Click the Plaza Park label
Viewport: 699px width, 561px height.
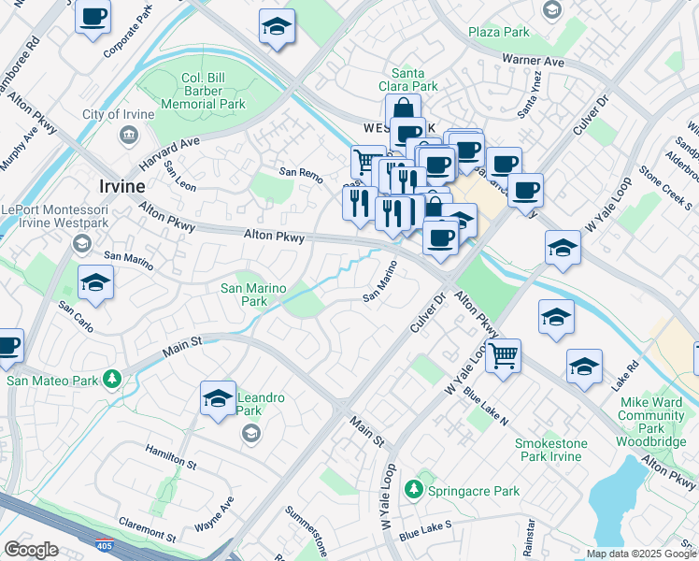click(x=499, y=32)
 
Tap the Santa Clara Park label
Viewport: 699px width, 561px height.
click(x=414, y=79)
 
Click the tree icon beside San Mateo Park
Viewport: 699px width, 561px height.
click(x=112, y=379)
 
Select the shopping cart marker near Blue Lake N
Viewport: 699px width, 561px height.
click(x=504, y=355)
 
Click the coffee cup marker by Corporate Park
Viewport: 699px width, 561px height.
click(x=93, y=17)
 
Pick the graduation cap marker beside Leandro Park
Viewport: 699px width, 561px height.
click(x=218, y=398)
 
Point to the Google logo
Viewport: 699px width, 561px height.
click(x=31, y=550)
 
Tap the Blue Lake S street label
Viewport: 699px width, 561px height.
click(x=425, y=530)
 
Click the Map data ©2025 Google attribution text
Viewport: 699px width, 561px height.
click(x=640, y=553)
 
